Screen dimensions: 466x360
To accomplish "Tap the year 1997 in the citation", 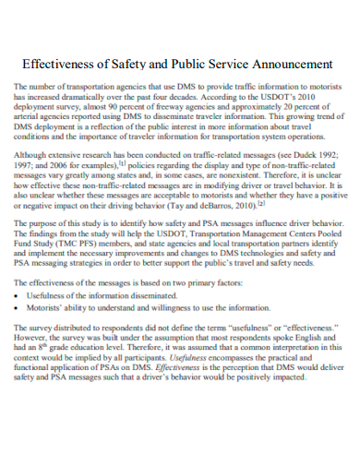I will pos(25,169).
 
